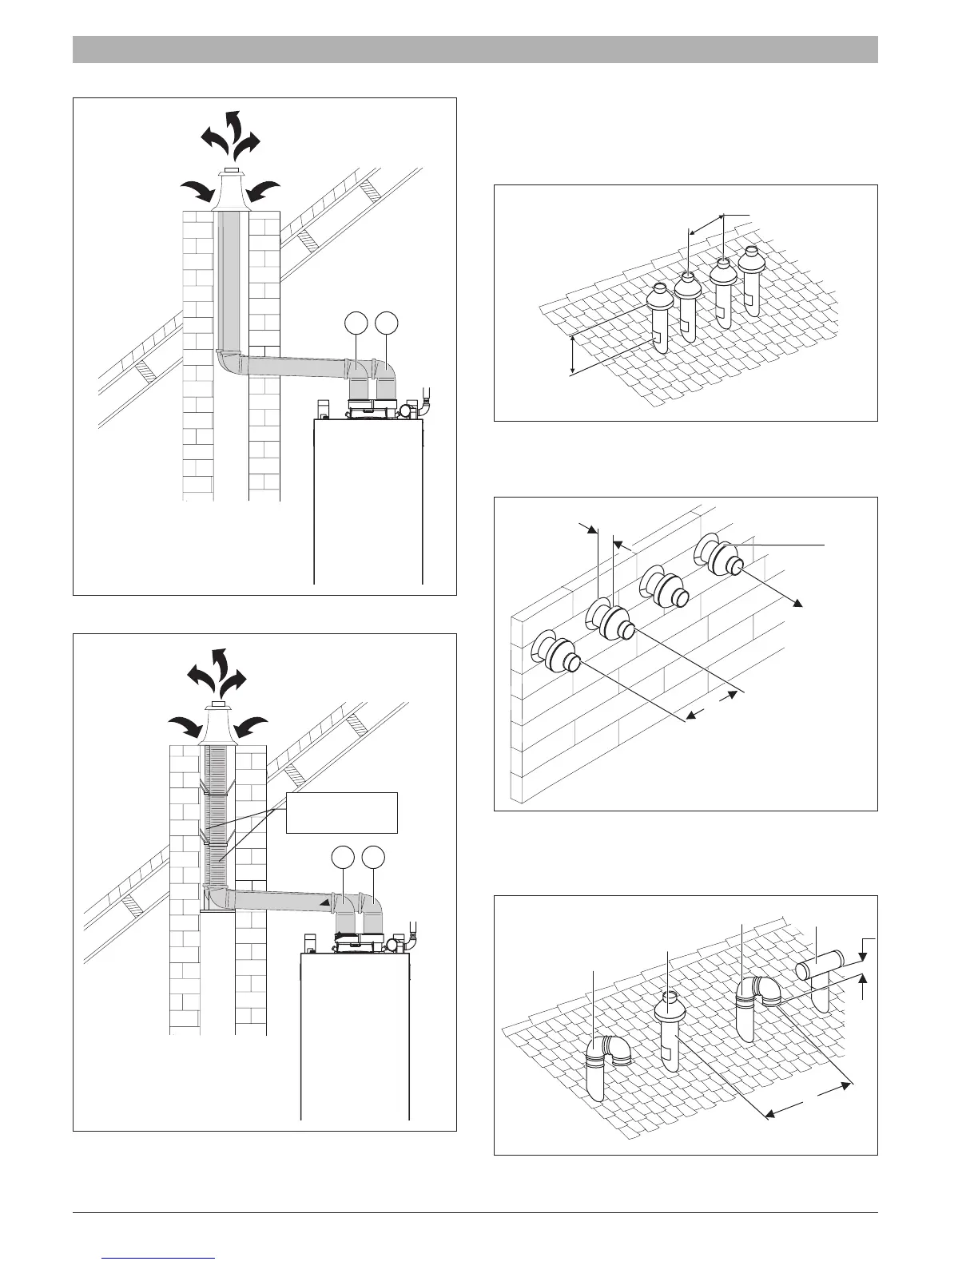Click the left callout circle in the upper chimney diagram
tap(356, 323)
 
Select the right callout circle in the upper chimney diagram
tap(388, 323)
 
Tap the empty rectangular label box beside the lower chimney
tap(342, 813)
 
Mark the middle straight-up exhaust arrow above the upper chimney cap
tap(233, 128)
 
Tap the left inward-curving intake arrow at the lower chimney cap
tap(185, 726)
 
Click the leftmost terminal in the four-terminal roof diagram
tap(660, 315)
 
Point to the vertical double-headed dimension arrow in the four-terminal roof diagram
tap(573, 355)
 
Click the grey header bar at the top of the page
tap(475, 49)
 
